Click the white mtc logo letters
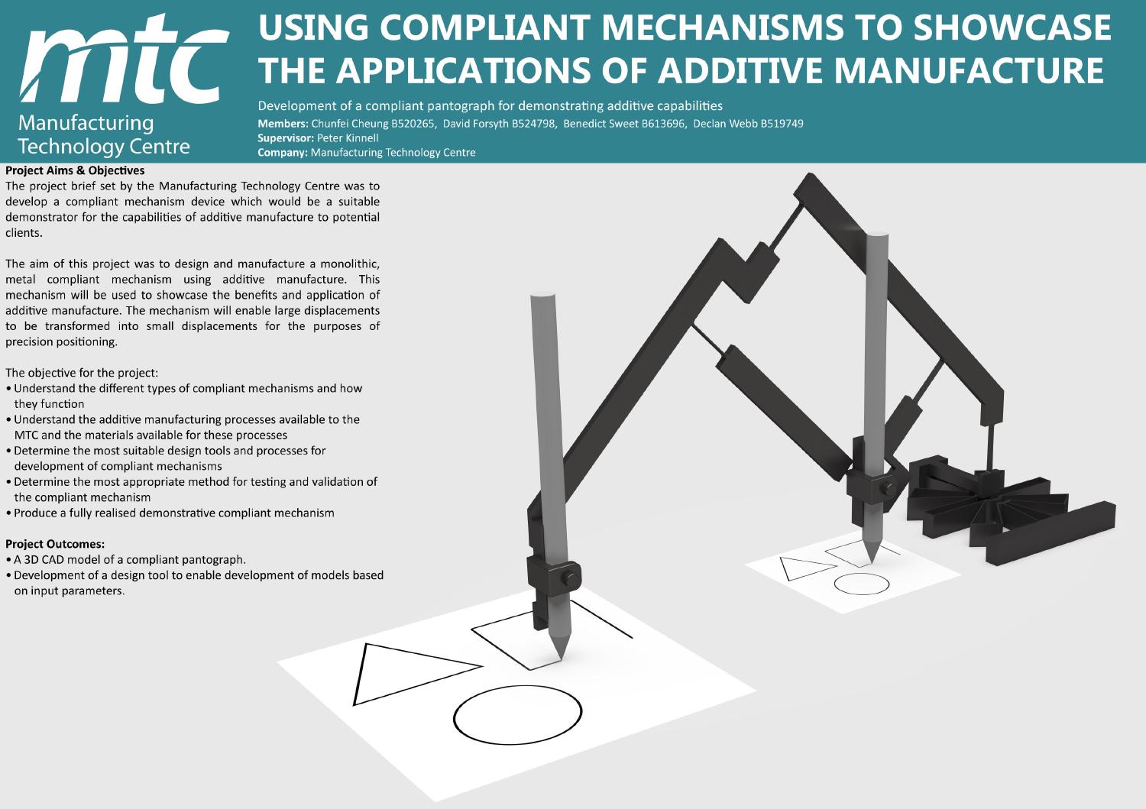point(123,60)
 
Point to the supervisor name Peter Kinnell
point(348,138)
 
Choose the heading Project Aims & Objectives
point(75,170)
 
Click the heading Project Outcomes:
point(55,544)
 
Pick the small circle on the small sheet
point(862,584)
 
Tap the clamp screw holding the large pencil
point(571,579)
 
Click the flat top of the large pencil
point(542,295)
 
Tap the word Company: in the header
point(283,153)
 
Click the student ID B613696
point(664,123)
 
